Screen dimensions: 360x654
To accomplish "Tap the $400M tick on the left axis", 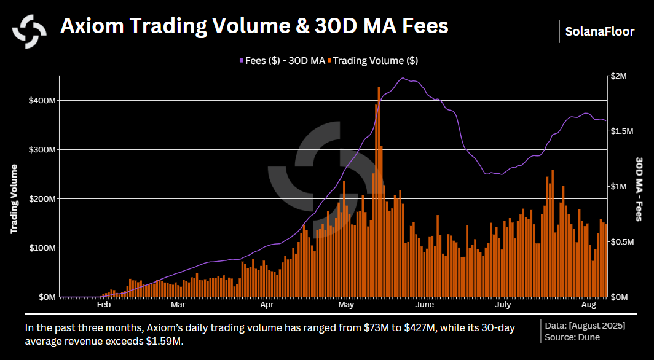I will pos(42,100).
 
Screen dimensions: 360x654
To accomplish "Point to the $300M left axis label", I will pos(42,149).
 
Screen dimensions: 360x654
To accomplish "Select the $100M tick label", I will pos(42,248).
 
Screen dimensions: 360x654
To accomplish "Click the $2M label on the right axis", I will pos(619,76).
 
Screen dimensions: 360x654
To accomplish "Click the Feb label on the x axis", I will pos(103,304).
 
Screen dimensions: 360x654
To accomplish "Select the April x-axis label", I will pos(267,304).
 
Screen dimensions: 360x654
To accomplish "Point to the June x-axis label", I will pos(424,304).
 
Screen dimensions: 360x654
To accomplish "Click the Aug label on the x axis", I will pos(588,304).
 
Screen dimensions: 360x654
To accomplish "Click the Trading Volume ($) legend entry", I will pos(375,60).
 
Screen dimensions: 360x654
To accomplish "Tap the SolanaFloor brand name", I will pos(601,31).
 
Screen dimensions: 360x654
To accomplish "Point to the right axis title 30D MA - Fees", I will pos(639,188).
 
